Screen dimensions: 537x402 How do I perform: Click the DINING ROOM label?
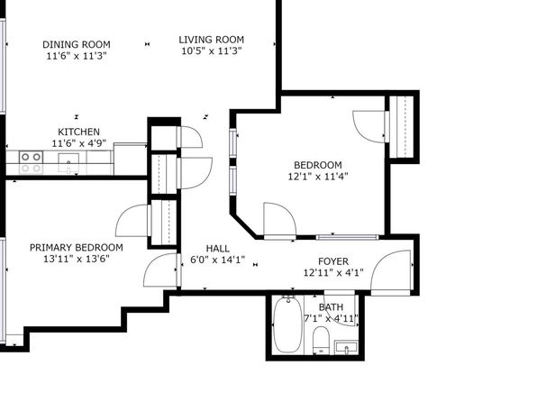point(77,44)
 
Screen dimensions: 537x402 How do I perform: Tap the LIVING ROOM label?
point(212,40)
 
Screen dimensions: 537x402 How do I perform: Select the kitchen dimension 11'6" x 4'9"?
point(78,143)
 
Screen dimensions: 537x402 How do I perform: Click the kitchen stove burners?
point(32,162)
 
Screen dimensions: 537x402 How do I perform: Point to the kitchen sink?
point(68,162)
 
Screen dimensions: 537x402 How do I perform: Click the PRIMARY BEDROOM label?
point(77,248)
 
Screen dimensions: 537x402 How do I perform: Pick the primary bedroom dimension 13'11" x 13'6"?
point(77,259)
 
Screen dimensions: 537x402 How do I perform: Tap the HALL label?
point(218,249)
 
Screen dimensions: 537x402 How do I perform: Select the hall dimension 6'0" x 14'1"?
point(218,260)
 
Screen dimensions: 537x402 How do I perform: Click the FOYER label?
point(333,261)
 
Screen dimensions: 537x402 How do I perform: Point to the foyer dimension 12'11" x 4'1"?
point(333,273)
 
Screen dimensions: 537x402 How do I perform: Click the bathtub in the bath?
point(288,324)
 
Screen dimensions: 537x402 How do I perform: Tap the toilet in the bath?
point(321,341)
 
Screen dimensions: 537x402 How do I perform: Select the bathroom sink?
point(346,347)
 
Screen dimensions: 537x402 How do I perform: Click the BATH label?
point(331,306)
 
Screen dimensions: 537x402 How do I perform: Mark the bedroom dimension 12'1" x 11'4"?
point(318,177)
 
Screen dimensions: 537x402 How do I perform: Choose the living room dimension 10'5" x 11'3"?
point(212,51)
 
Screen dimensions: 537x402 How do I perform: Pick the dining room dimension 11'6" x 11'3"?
point(77,56)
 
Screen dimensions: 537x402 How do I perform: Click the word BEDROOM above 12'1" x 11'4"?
point(318,165)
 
